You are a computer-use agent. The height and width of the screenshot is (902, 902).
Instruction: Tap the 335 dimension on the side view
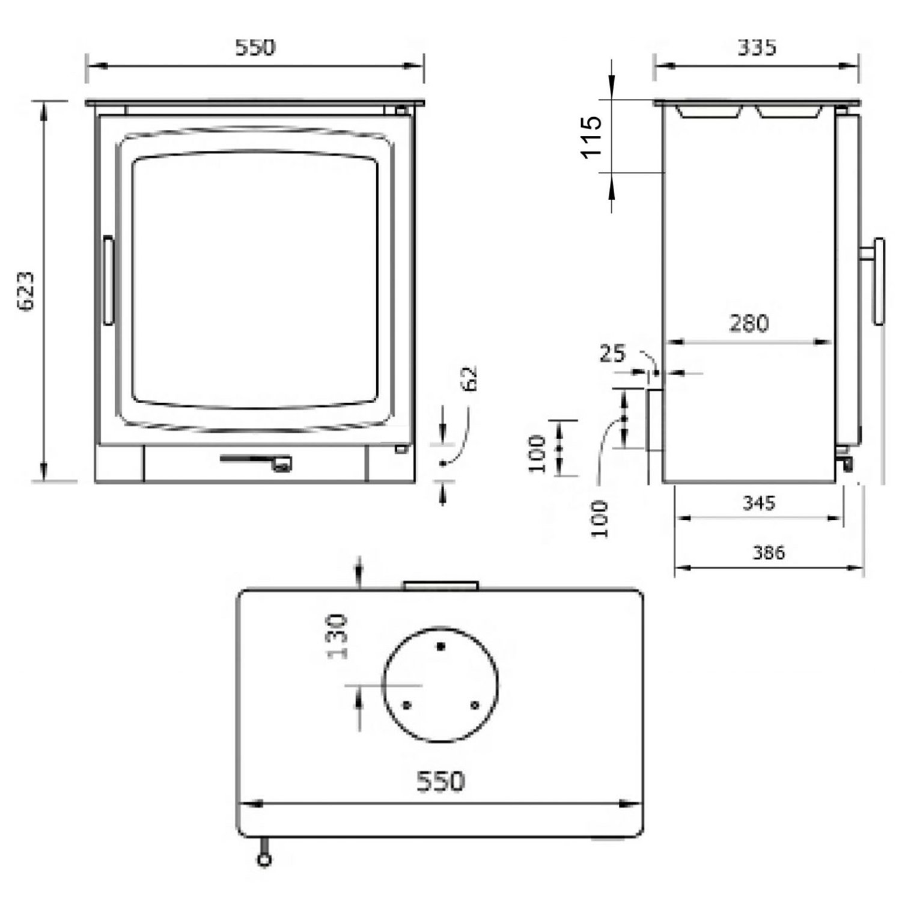coord(757,47)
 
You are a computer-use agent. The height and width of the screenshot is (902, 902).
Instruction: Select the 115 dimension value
coord(592,136)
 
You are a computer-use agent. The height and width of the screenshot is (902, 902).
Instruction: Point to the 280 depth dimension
coord(749,323)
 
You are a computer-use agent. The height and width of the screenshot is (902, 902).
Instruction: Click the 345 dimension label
coord(759,502)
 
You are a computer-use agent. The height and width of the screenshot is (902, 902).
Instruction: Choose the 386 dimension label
coord(769,552)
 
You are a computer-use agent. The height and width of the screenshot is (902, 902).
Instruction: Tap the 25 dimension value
coord(612,353)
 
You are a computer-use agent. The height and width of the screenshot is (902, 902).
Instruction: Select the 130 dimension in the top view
coord(339,636)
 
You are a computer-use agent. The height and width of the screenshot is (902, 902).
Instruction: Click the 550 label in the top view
coord(440,781)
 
